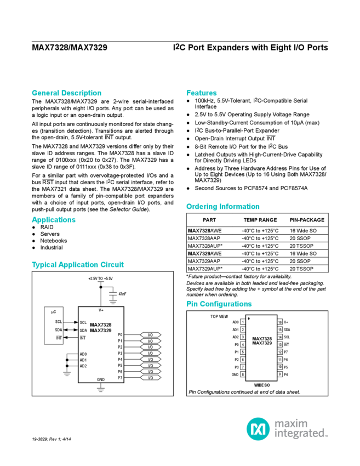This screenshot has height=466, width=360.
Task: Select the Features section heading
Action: click(201, 93)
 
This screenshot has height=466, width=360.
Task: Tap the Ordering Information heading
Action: click(222, 207)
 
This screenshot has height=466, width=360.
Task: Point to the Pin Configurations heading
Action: click(219, 304)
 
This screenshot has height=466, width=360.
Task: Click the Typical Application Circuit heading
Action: click(78, 264)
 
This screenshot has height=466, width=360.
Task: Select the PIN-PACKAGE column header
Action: click(306, 220)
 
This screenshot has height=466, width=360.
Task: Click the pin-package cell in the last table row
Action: click(306, 269)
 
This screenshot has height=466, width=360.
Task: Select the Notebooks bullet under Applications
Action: click(53, 240)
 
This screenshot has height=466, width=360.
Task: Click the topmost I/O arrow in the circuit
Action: click(148, 334)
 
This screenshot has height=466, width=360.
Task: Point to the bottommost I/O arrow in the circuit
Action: click(148, 377)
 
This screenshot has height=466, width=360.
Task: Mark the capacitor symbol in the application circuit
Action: click(113, 295)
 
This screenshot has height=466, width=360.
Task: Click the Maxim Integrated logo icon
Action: click(256, 428)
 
